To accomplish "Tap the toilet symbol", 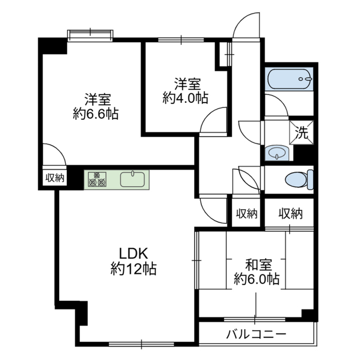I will [x=298, y=180].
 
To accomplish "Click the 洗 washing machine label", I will [x=302, y=134].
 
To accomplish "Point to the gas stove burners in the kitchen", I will [x=97, y=179].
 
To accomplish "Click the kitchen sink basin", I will [x=133, y=179].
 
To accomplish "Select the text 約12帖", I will [x=133, y=268].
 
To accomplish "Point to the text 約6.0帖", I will [x=256, y=278].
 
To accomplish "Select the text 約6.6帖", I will [x=95, y=114].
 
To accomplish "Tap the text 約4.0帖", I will [x=185, y=98].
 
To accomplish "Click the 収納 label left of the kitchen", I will [x=55, y=178].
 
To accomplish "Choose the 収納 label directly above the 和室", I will [x=246, y=214].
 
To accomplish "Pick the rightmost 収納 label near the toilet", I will [x=290, y=214].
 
